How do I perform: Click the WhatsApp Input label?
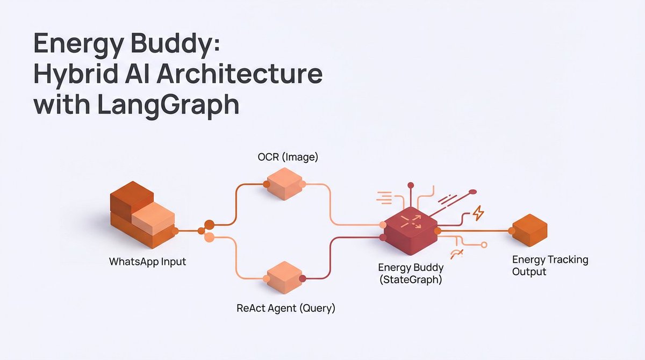(147, 262)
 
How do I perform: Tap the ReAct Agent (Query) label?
(286, 308)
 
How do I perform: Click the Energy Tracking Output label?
(550, 265)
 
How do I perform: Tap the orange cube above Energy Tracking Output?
(529, 230)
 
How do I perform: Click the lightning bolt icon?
(477, 214)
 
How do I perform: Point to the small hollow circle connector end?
(484, 245)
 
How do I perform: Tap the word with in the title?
(58, 104)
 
